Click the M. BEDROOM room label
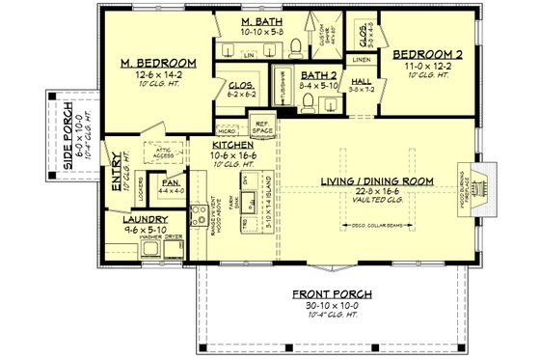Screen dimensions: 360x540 [x=159, y=63]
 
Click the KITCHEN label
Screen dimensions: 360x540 [x=232, y=144]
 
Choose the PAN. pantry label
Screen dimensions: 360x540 [x=173, y=180]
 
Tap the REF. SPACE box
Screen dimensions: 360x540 [x=263, y=125]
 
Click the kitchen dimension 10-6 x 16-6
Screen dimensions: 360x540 [x=233, y=154]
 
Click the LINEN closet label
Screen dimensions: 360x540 [x=362, y=59]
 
